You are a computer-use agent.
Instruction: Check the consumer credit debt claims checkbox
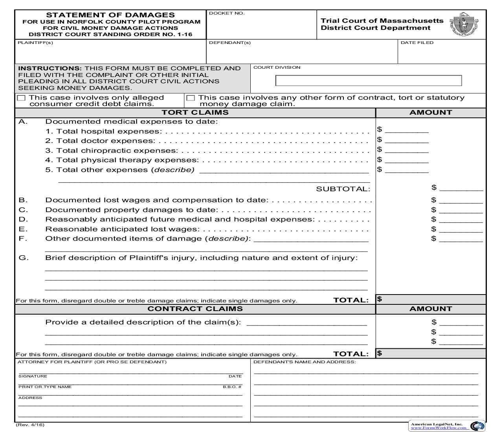(x=21, y=98)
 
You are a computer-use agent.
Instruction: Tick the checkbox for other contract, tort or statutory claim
(x=191, y=98)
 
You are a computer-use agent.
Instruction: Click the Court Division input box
(x=368, y=81)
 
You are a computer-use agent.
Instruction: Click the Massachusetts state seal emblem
(x=464, y=24)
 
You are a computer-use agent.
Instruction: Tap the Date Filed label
(x=417, y=42)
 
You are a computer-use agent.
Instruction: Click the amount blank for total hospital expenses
(x=406, y=130)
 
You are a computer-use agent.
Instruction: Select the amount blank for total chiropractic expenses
(x=406, y=150)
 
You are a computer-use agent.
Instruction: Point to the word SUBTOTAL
(x=343, y=189)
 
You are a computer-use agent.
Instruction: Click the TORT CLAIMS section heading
(x=195, y=112)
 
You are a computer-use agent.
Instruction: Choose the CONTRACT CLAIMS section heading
(x=195, y=309)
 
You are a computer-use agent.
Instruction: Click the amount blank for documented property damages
(x=461, y=210)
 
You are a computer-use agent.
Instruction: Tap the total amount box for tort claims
(x=431, y=299)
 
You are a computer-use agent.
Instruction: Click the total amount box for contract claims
(x=431, y=353)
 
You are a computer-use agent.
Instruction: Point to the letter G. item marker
(x=24, y=258)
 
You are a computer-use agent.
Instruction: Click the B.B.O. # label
(x=232, y=387)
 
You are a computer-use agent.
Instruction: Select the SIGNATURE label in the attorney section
(x=33, y=376)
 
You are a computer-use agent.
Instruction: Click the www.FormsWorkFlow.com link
(x=439, y=428)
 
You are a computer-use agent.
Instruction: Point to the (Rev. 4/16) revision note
(x=30, y=425)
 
